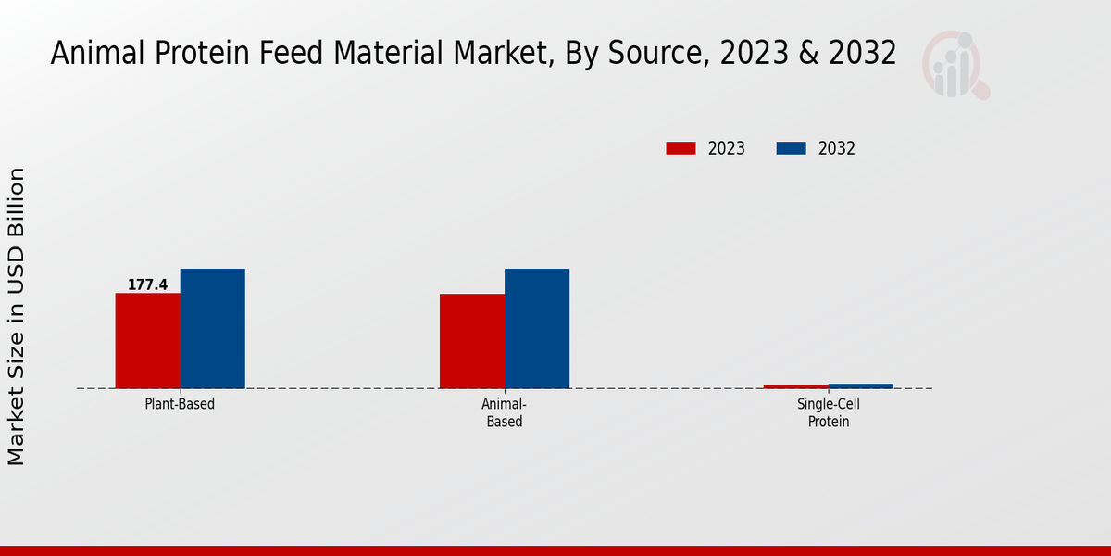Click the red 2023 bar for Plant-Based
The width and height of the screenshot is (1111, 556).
point(147,340)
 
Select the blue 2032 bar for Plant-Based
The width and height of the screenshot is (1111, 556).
point(212,328)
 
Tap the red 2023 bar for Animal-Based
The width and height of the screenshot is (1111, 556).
point(472,340)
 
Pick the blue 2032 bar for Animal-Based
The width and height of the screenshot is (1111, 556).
point(537,328)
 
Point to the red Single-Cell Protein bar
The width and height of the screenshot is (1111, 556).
point(796,386)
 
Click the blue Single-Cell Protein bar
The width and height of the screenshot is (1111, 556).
point(861,385)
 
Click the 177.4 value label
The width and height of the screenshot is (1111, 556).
point(147,284)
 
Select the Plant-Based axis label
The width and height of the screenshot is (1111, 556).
point(180,405)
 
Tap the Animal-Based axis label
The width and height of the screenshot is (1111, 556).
point(505,413)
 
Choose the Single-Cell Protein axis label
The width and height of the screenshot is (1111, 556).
point(829,413)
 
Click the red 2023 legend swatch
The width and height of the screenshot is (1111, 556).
point(680,148)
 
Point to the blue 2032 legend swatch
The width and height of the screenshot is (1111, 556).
point(791,148)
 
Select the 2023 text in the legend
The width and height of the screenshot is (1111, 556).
point(726,148)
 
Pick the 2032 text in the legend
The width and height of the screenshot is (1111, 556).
point(836,148)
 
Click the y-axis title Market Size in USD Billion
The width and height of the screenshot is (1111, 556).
point(17,317)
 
